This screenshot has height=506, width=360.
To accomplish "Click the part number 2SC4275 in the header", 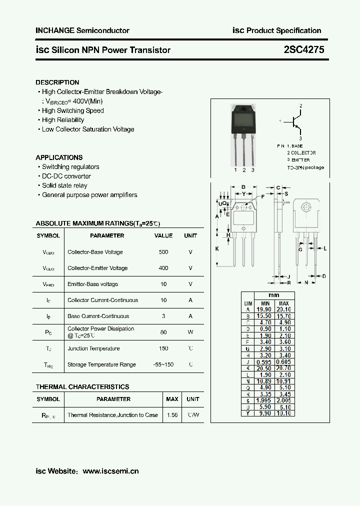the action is (304, 49).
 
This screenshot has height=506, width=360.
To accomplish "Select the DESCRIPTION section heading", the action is (57, 82).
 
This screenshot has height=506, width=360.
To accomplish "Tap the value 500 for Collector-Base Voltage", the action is (163, 252).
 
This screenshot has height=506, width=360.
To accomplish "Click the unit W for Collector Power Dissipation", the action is (190, 332).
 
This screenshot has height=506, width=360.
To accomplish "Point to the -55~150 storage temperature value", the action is (163, 364).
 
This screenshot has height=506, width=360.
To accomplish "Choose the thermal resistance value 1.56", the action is (172, 415).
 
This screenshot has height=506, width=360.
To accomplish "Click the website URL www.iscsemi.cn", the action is (110, 471).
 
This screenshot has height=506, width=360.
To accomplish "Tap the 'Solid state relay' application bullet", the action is (64, 185).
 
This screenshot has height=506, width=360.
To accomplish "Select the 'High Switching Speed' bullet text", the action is (73, 110).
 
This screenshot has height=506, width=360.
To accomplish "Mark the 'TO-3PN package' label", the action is (305, 167).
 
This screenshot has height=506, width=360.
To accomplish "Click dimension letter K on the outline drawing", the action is (217, 248).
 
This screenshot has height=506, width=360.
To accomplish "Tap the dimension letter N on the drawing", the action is (306, 282).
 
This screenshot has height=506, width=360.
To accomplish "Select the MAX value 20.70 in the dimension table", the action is (283, 368).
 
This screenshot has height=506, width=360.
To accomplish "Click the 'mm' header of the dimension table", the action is (273, 295).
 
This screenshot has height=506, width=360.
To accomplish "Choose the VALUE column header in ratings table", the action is (163, 235).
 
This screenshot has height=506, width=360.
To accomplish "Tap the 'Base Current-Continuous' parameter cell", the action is (98, 316).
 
